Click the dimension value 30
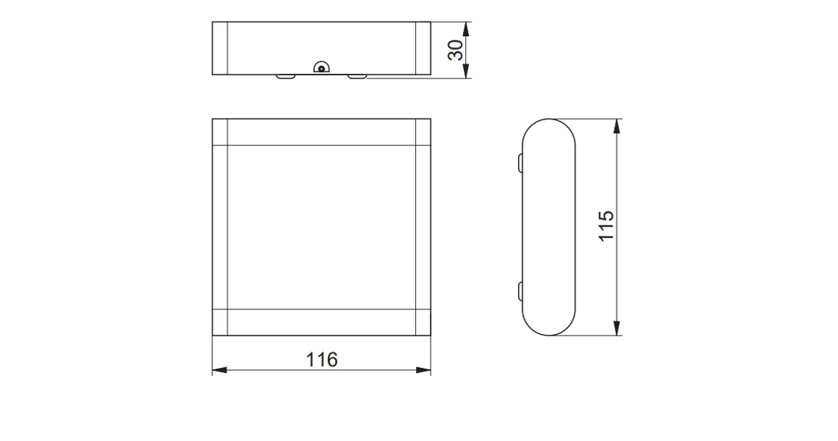455,50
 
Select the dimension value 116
321,359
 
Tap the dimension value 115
606,226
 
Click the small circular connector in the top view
321,68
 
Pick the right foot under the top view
358,75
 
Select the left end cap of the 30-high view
220,48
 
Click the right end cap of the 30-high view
423,48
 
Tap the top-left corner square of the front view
220,132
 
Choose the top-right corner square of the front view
423,132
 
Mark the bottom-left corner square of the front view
220,322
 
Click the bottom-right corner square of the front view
423,322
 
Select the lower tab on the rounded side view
520,292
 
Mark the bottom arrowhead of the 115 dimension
616,330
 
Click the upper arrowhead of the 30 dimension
466,27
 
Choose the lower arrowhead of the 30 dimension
466,72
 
